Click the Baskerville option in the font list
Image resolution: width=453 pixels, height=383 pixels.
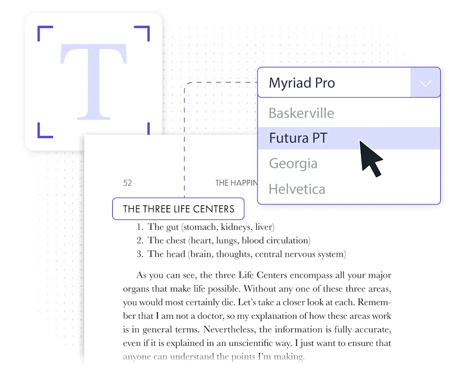tap(301, 113)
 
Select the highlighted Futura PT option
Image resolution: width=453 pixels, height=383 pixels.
tap(298, 138)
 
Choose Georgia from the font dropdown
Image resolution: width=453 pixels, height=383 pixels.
tap(293, 164)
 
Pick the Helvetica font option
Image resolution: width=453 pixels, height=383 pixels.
tap(297, 189)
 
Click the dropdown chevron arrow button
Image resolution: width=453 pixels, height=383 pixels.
tap(425, 83)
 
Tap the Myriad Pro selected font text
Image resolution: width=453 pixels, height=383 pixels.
tap(302, 83)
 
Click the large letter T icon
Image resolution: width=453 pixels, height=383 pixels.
tap(93, 81)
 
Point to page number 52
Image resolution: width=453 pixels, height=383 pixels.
tap(127, 183)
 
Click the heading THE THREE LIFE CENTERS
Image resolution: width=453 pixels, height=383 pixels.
tap(178, 209)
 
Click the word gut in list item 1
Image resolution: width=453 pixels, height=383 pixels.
tap(172, 227)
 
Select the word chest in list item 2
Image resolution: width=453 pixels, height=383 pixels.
tap(176, 241)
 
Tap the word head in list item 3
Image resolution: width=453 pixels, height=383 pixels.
tap(176, 254)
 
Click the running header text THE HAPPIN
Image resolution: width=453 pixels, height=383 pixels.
tap(236, 183)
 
